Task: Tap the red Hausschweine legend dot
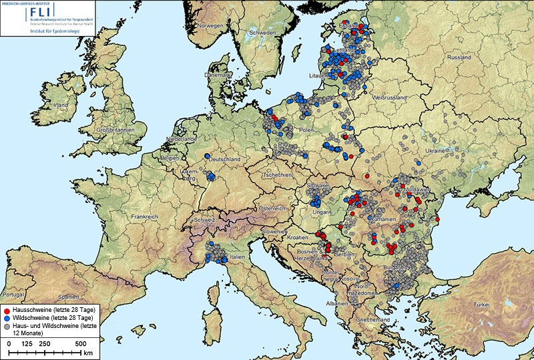[7, 310]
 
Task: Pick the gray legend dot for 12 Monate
[7, 328]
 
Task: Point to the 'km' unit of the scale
[87, 352]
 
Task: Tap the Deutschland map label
[224, 160]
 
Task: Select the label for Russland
[459, 57]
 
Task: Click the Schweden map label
[262, 33]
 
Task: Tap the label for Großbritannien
[115, 130]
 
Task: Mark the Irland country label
[61, 106]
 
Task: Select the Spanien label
[67, 296]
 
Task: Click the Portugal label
[13, 295]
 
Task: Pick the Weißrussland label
[389, 98]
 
